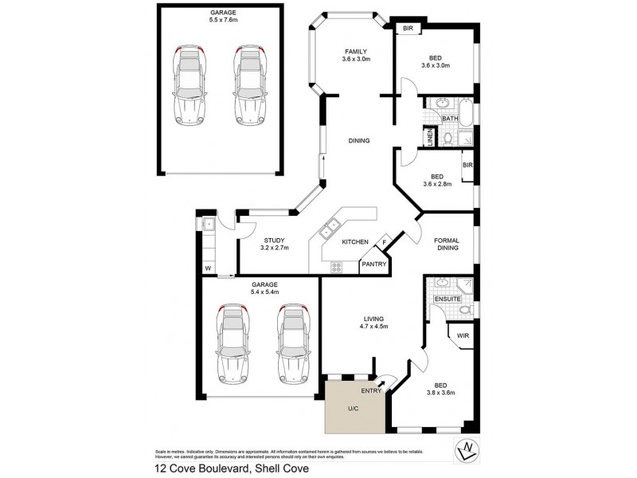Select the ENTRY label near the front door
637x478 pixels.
point(372,391)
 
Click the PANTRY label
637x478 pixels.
point(373,264)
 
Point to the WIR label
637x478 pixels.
point(463,336)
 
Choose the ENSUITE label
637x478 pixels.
point(447,299)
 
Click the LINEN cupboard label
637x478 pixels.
point(430,137)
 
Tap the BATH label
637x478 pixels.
point(450,119)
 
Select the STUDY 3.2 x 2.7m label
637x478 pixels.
point(276,244)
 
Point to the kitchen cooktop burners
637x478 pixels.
point(336,268)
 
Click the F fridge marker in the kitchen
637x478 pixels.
point(384,242)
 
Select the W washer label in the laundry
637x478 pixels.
point(208,268)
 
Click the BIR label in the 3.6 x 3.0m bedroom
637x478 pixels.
point(408,29)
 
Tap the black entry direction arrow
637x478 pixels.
point(391,384)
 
